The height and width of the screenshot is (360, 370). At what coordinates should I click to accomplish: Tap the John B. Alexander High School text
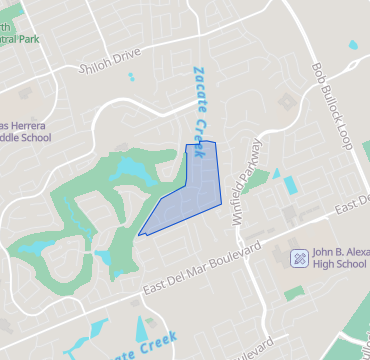click(x=338, y=257)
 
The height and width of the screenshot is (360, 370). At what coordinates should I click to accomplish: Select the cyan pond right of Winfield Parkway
click(x=289, y=185)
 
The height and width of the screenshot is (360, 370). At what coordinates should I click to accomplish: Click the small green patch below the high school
click(x=294, y=294)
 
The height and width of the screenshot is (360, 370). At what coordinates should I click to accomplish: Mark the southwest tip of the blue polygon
click(x=137, y=233)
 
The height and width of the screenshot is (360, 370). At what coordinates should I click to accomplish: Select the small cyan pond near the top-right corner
click(x=353, y=46)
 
